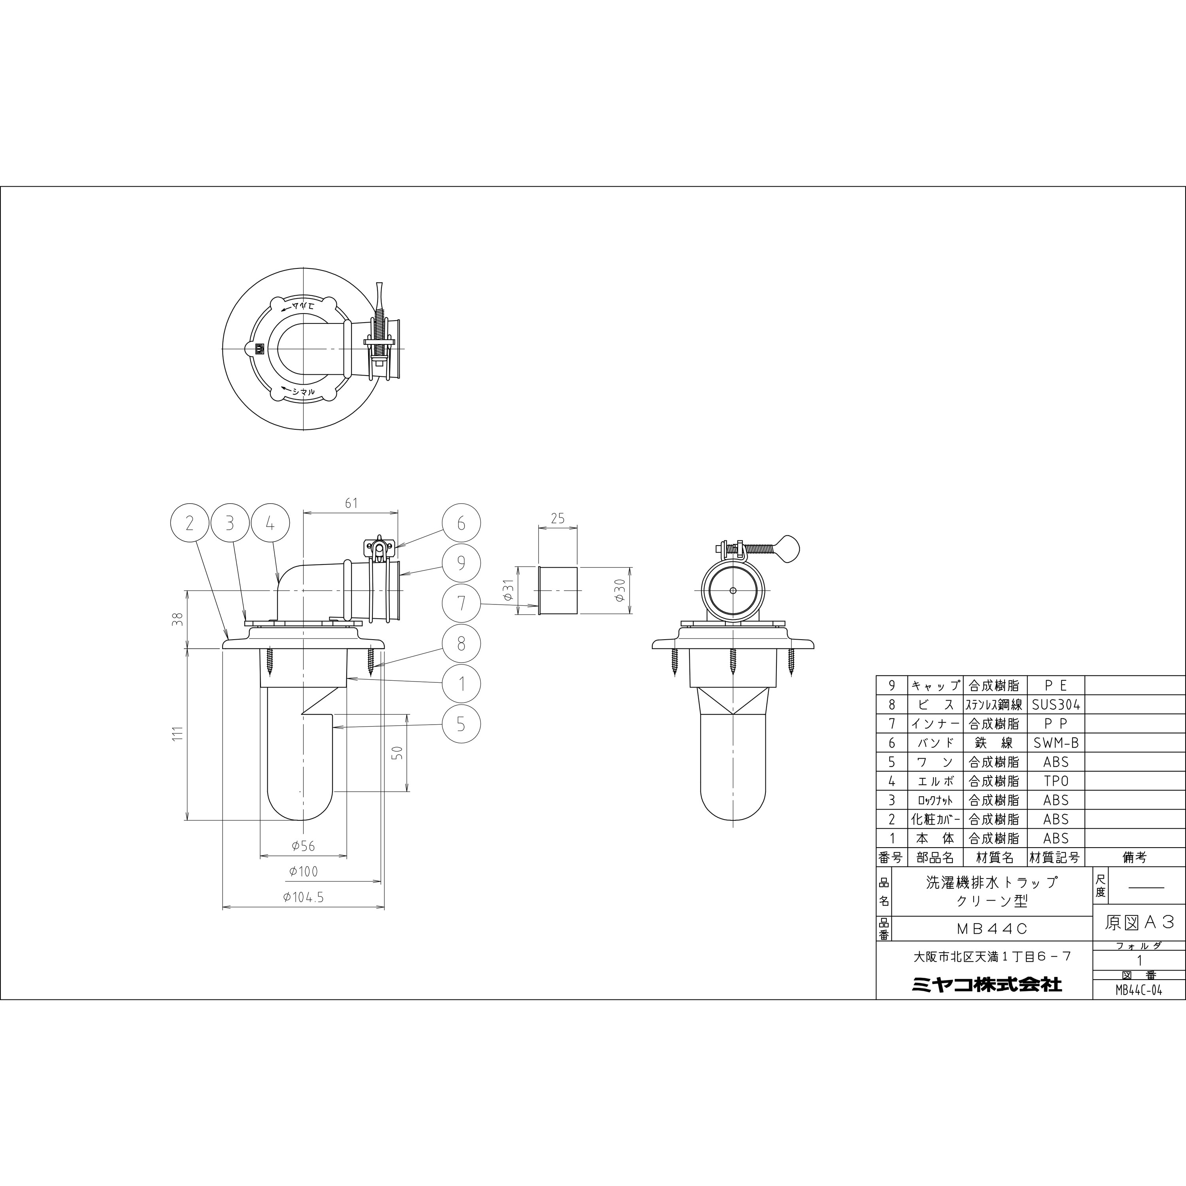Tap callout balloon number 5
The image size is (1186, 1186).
click(461, 724)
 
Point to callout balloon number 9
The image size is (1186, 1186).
click(461, 563)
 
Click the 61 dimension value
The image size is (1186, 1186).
click(351, 503)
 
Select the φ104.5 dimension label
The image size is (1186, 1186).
click(303, 897)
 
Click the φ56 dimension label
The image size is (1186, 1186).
click(303, 846)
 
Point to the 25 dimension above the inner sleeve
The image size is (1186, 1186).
click(557, 518)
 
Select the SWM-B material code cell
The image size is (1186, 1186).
click(1056, 743)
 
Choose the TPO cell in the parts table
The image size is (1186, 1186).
click(1056, 781)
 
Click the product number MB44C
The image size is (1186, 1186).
click(992, 929)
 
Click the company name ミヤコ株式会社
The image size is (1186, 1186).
click(986, 985)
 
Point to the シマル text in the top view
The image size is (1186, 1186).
click(303, 391)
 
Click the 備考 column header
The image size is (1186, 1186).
click(1135, 857)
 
